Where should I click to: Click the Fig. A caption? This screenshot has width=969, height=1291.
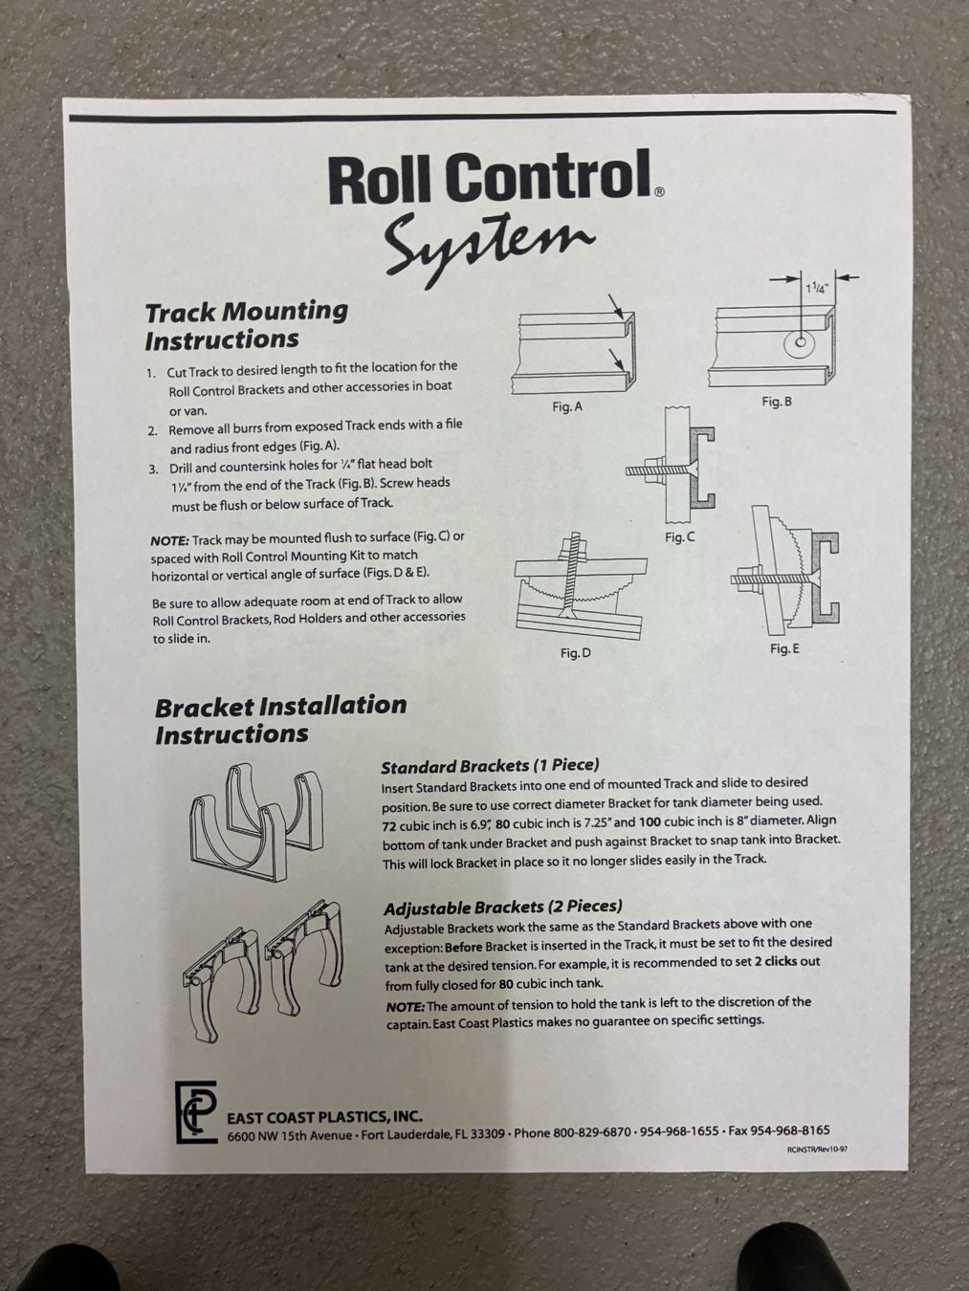[x=567, y=406]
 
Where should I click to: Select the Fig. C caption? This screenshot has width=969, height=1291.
[x=679, y=537]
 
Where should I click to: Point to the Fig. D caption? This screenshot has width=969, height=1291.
[x=576, y=653]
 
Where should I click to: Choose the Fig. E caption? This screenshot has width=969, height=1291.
[x=784, y=648]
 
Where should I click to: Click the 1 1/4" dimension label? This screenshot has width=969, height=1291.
[x=817, y=288]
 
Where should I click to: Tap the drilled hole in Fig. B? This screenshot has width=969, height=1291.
[x=800, y=342]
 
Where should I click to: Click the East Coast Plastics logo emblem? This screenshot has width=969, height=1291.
[x=195, y=1112]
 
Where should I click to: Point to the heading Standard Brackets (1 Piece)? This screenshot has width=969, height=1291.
[x=490, y=765]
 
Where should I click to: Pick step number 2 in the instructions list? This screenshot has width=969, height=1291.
[x=152, y=431]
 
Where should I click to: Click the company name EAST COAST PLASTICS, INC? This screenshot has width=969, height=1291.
[x=325, y=1116]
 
